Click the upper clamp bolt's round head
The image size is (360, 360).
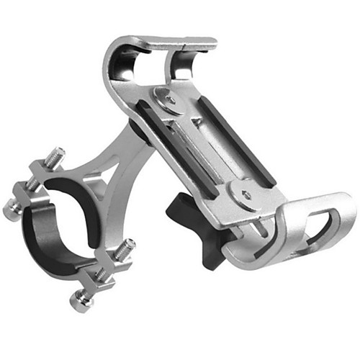[12, 208]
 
